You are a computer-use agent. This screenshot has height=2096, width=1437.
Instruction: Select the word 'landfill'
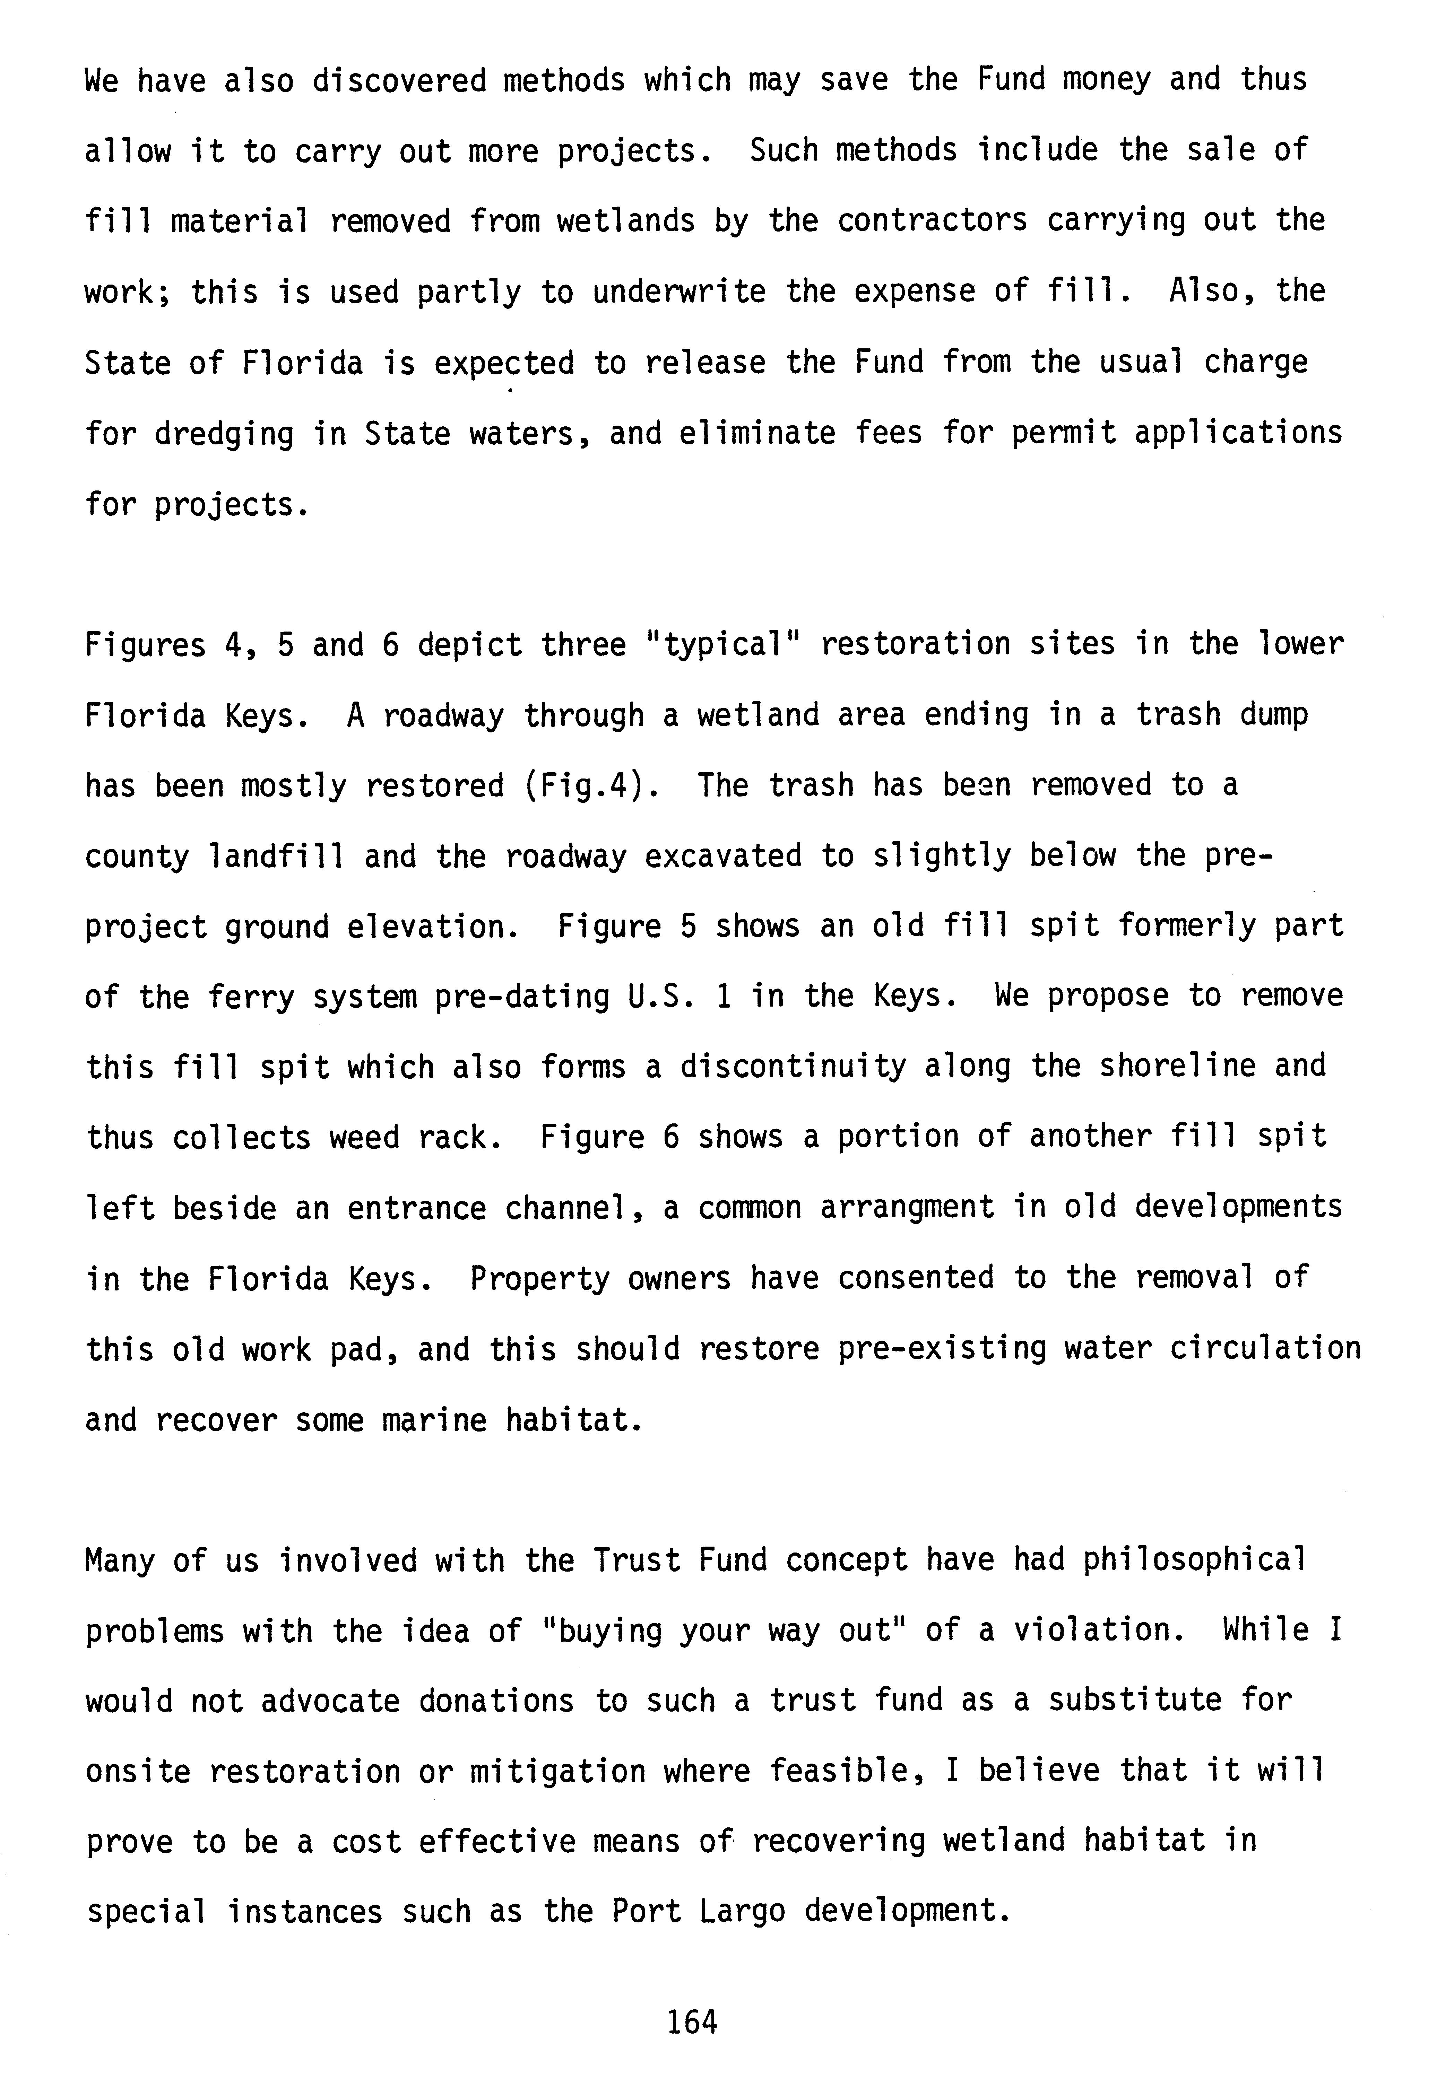click(276, 856)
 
